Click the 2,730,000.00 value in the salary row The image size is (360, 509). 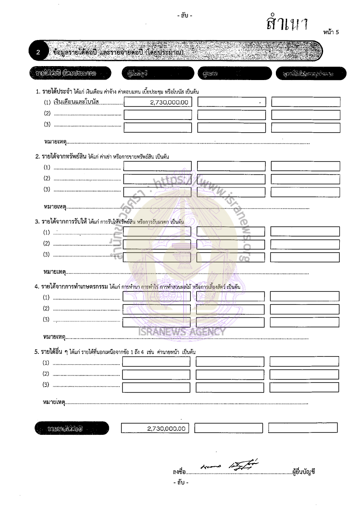(x=169, y=103)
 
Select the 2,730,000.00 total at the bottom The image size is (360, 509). (x=166, y=429)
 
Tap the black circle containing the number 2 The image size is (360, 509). (x=38, y=53)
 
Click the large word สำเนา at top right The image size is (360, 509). (x=287, y=24)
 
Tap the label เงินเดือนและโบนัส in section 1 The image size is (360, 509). (x=76, y=103)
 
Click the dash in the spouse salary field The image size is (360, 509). (x=260, y=103)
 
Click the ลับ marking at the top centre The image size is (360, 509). (x=184, y=16)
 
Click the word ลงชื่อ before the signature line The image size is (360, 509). (x=179, y=472)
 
